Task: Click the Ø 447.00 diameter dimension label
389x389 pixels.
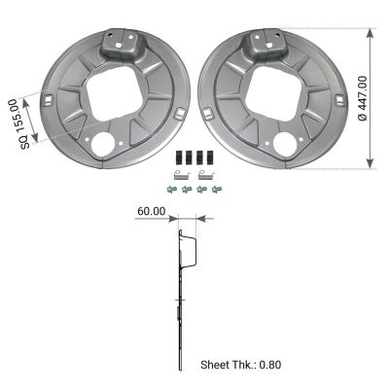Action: pyautogui.click(x=363, y=98)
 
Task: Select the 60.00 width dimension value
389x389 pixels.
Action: pyautogui.click(x=152, y=211)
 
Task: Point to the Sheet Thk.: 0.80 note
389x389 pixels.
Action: pyautogui.click(x=241, y=365)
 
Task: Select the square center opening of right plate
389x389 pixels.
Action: pyautogui.click(x=273, y=93)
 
